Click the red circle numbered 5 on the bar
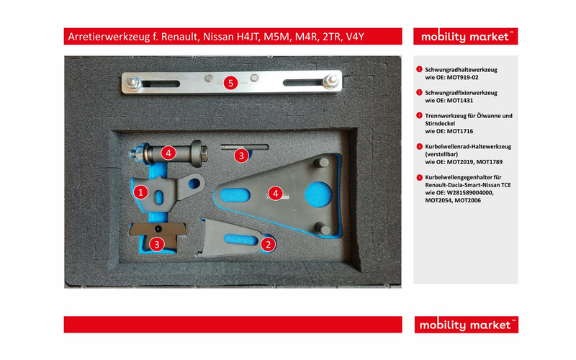click(230, 83)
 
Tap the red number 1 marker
click(140, 192)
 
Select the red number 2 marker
click(268, 244)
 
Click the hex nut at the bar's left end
click(133, 84)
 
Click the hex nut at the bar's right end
click(330, 81)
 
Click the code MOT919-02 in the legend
click(462, 78)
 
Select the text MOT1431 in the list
click(460, 100)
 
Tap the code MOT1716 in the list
click(460, 131)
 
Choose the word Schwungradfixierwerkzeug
click(461, 93)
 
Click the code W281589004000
click(470, 192)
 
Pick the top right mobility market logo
click(465, 37)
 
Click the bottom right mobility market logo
click(466, 325)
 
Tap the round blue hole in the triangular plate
click(318, 194)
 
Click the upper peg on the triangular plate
click(321, 163)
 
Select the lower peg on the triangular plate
click(323, 228)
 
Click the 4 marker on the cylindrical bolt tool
click(168, 153)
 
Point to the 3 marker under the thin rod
click(241, 156)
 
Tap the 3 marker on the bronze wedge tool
click(157, 244)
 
